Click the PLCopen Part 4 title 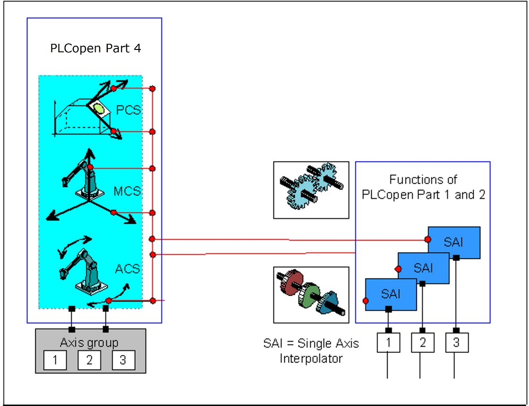pyautogui.click(x=96, y=49)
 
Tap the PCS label pyautogui.click(x=128, y=111)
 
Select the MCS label pyautogui.click(x=127, y=191)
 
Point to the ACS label pyautogui.click(x=128, y=269)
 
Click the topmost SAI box pyautogui.click(x=454, y=242)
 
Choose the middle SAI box pyautogui.click(x=423, y=268)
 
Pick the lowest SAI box pyautogui.click(x=391, y=294)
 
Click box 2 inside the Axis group pyautogui.click(x=90, y=361)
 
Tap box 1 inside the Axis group pyautogui.click(x=56, y=361)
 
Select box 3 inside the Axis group pyautogui.click(x=123, y=361)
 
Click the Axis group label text pyautogui.click(x=90, y=342)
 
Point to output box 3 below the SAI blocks pyautogui.click(x=456, y=342)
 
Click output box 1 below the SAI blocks pyautogui.click(x=388, y=342)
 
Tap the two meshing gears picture pyautogui.click(x=311, y=190)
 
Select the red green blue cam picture pyautogui.click(x=311, y=295)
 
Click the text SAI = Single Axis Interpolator pyautogui.click(x=310, y=350)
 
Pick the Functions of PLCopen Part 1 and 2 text pyautogui.click(x=423, y=187)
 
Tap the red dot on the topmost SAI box pyautogui.click(x=428, y=240)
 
